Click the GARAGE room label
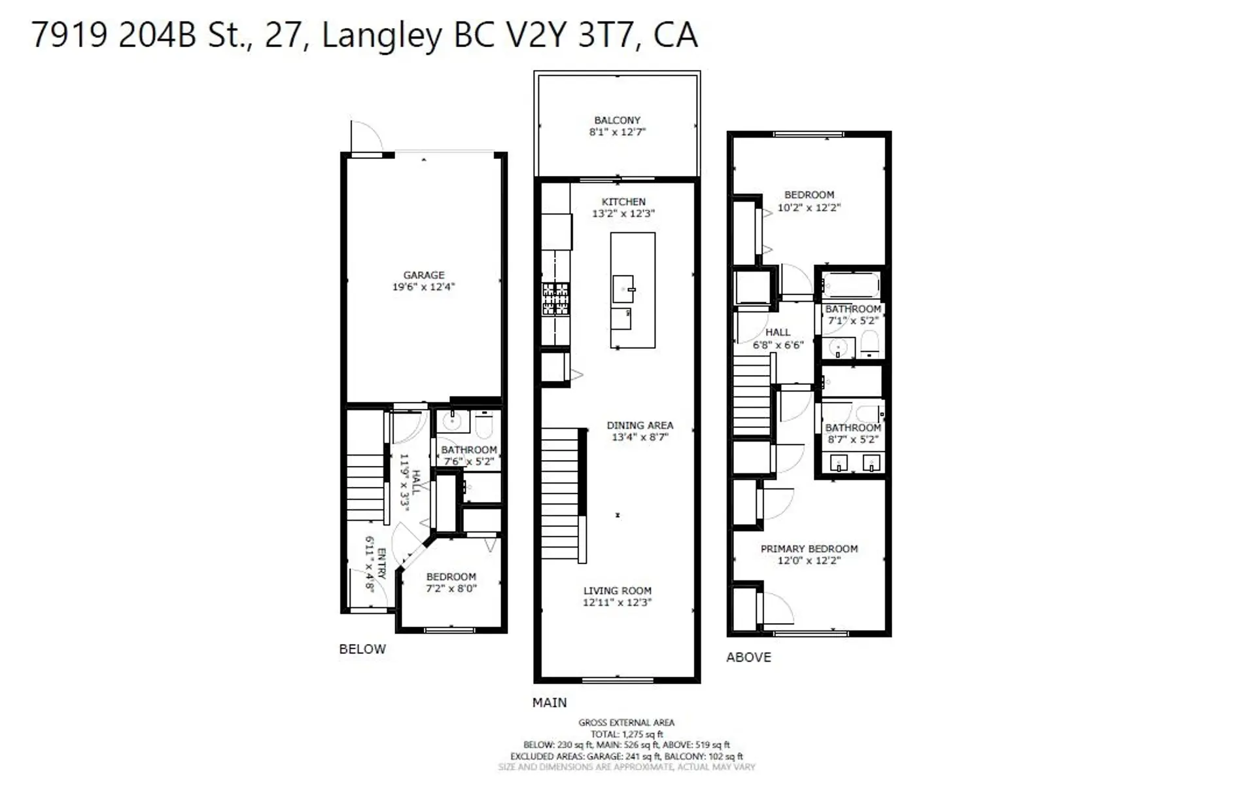coord(423,276)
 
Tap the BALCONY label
coord(617,120)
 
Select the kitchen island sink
coord(623,288)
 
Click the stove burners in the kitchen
coord(555,298)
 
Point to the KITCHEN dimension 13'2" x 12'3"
coord(623,213)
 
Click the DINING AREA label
coord(639,425)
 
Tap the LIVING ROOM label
coord(617,591)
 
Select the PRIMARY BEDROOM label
coord(809,549)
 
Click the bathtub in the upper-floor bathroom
coord(850,286)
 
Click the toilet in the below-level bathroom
coord(484,426)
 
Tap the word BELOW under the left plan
coord(362,649)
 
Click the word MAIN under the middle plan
coord(549,703)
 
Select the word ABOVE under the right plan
coord(748,658)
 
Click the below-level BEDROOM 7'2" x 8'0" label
coord(451,577)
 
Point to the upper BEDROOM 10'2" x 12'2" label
coord(809,195)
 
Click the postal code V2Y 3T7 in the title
coord(572,35)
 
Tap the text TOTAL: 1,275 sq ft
coord(626,734)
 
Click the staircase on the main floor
coord(561,494)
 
